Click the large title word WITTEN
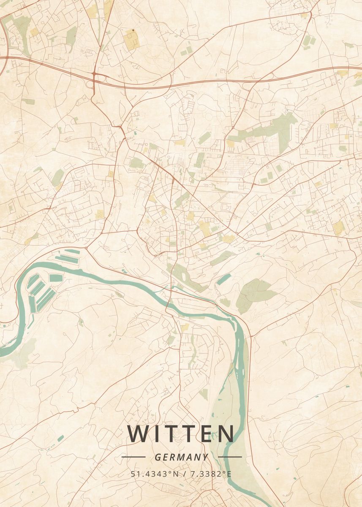[x=181, y=434]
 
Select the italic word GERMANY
[x=181, y=457]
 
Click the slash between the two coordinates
[x=184, y=474]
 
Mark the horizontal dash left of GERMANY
[x=133, y=457]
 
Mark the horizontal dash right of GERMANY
[x=230, y=457]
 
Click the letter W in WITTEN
[x=139, y=434]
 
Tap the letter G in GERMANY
[x=158, y=457]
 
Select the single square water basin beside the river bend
[x=55, y=278]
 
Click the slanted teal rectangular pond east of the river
[x=224, y=279]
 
